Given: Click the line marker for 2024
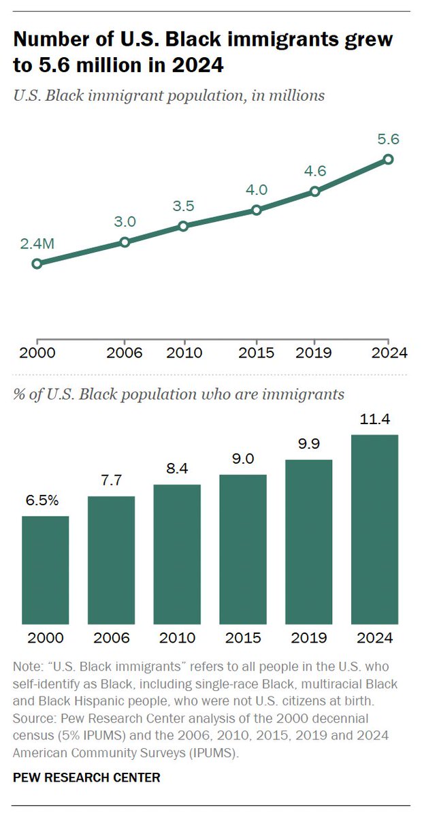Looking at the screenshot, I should tap(388, 159).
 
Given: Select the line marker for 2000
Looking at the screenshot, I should tap(37, 263).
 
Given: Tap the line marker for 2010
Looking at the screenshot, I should tap(183, 226).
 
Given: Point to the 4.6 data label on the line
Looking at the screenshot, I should tap(314, 171).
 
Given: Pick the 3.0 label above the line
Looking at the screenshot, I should tap(125, 221).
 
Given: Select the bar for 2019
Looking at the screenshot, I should tap(308, 542).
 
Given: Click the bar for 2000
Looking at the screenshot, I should tap(46, 570).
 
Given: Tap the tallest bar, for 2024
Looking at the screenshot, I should tap(374, 529).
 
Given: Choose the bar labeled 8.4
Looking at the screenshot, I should tap(177, 554).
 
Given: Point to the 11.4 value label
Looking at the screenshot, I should tap(374, 420).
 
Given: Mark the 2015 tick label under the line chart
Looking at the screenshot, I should tap(256, 353).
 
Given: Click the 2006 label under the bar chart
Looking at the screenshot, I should tap(112, 638).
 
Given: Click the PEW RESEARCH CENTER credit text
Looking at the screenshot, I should tap(87, 778).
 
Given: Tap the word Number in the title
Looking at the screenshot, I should tap(44, 40).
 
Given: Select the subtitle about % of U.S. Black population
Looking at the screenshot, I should tap(179, 394).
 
